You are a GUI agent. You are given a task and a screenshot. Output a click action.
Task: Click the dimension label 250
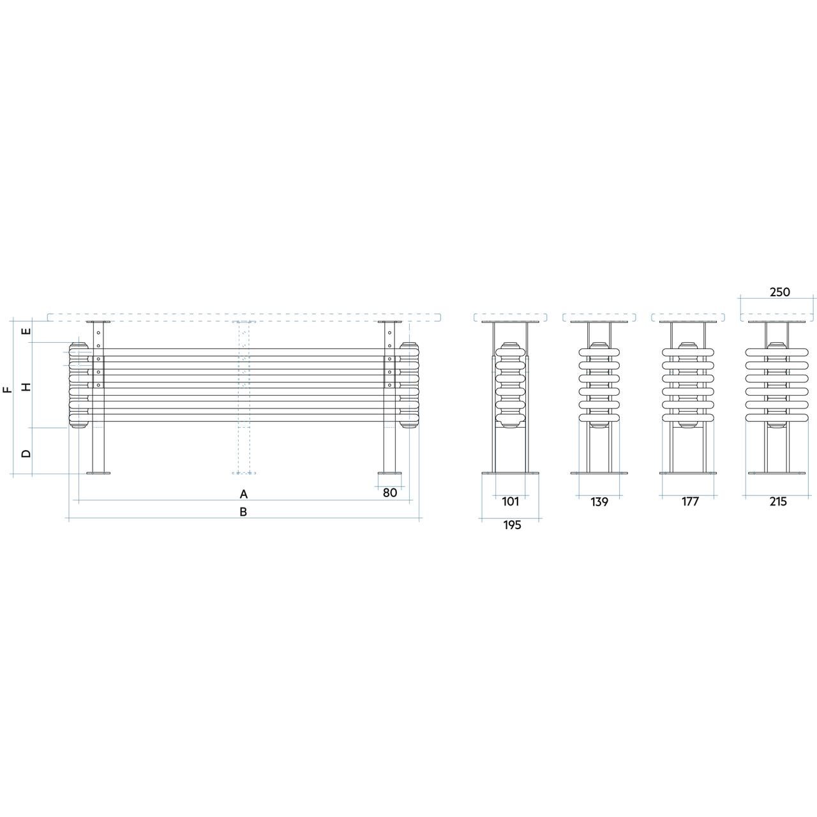780,292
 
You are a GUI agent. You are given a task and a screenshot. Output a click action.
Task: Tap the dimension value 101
511,502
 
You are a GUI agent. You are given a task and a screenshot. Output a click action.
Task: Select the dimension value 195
512,525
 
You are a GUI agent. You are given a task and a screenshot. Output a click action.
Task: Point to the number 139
599,502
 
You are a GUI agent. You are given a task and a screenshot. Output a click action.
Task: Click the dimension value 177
690,502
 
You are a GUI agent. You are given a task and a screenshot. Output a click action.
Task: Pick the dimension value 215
778,502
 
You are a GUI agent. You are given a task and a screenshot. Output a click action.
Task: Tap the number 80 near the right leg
389,493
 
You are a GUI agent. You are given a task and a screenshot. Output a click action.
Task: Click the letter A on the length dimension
243,494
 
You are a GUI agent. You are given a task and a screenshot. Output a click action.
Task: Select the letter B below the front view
243,512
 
